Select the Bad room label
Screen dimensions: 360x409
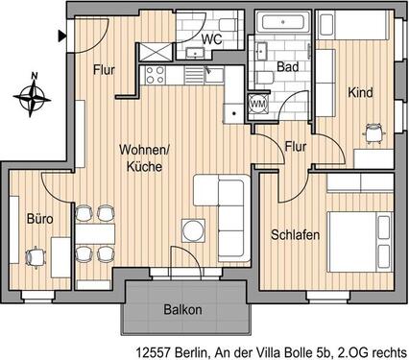click(285, 66)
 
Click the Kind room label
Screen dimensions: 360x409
click(360, 93)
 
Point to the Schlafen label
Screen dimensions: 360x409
click(295, 234)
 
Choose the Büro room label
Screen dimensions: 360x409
click(39, 220)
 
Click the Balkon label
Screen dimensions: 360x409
click(181, 309)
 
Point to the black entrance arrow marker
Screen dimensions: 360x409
click(62, 37)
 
